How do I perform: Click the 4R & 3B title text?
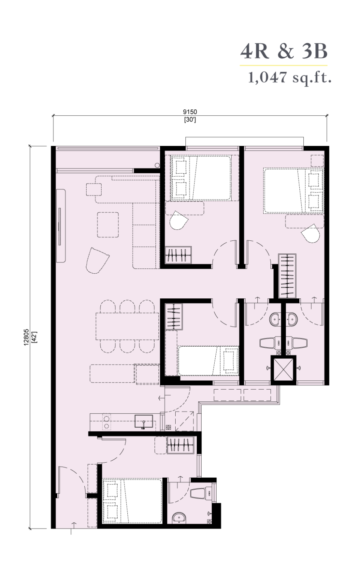coord(284,51)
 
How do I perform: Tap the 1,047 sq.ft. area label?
coord(289,77)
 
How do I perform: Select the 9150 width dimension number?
coord(190,112)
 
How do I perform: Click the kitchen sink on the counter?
coord(144,421)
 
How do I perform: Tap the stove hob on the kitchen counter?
coord(106,422)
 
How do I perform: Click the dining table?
coord(127,326)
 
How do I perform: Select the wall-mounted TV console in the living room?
coord(61,226)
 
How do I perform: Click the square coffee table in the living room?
coord(108,225)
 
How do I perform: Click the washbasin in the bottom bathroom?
coord(179,517)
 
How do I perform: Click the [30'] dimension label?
coord(190,120)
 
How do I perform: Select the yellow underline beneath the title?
coord(284,66)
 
